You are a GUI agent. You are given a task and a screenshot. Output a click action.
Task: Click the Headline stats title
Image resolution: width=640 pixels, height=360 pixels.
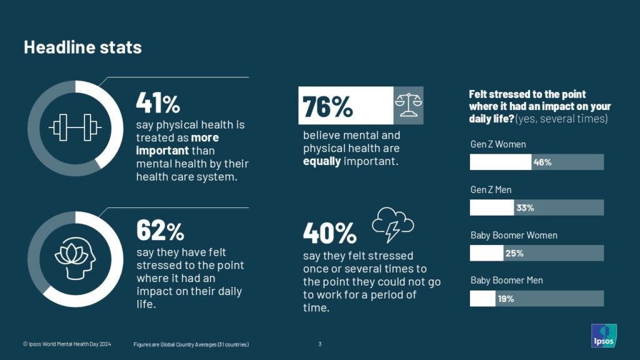[82, 47]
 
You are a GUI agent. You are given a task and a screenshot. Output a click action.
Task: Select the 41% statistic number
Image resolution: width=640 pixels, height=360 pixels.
[157, 102]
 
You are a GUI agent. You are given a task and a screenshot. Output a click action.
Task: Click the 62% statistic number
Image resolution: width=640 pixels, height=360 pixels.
[160, 231]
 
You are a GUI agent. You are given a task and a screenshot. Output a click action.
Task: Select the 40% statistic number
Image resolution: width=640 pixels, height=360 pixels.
[329, 234]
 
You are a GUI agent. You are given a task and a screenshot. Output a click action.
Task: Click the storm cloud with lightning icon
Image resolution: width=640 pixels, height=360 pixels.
[392, 224]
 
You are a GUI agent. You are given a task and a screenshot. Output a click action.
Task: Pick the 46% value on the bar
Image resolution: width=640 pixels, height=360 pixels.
[542, 162]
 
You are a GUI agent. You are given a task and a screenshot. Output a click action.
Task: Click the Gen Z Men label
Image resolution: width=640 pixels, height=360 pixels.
[491, 190]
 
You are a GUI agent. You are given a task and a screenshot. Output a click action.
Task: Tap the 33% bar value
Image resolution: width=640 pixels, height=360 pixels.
[524, 208]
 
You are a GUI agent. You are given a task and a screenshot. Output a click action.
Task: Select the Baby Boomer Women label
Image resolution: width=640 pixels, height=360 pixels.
[514, 236]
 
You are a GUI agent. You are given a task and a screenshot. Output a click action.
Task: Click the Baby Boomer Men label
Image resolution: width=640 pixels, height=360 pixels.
[506, 281]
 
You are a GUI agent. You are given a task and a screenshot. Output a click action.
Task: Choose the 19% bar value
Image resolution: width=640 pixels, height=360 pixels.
[506, 299]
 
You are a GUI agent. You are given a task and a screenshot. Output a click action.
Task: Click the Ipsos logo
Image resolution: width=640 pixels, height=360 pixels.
[604, 336]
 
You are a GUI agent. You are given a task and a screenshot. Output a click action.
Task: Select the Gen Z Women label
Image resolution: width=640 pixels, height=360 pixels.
[498, 144]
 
